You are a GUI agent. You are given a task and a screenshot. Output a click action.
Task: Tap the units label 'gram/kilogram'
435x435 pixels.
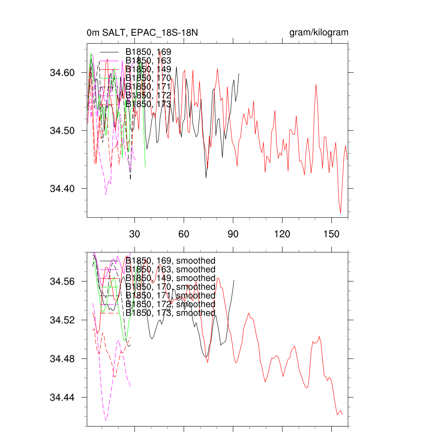coord(319,33)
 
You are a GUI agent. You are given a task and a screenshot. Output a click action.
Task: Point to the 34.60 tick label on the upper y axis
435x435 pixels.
coord(62,73)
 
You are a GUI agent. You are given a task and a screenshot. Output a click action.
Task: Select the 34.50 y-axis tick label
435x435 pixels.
coord(62,130)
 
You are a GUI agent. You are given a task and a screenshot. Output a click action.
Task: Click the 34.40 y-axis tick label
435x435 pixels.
coord(62,188)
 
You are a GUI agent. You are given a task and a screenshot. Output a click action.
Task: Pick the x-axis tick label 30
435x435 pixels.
coord(135,234)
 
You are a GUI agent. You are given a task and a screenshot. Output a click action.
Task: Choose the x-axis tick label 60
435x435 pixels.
coord(184,234)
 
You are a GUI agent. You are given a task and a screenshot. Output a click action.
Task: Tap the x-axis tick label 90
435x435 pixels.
coord(233,234)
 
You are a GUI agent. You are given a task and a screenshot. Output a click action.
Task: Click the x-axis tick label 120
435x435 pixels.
coord(282,234)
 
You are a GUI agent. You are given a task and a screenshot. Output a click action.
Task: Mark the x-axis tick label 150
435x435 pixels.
coord(331,234)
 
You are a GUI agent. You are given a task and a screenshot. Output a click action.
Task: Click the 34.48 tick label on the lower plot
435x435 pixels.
coord(62,359)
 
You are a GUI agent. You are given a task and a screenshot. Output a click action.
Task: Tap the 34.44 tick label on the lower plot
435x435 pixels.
coord(62,398)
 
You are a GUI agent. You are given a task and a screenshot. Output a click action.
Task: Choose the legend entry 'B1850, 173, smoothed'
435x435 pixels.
coord(170,313)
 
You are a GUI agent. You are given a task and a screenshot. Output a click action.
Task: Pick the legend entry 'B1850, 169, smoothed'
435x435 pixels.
coord(170,260)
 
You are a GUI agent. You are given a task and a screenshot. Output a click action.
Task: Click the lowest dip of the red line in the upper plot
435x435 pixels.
coord(341,213)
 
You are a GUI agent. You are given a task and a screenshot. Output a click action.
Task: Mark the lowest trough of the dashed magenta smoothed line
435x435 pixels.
coord(106,420)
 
